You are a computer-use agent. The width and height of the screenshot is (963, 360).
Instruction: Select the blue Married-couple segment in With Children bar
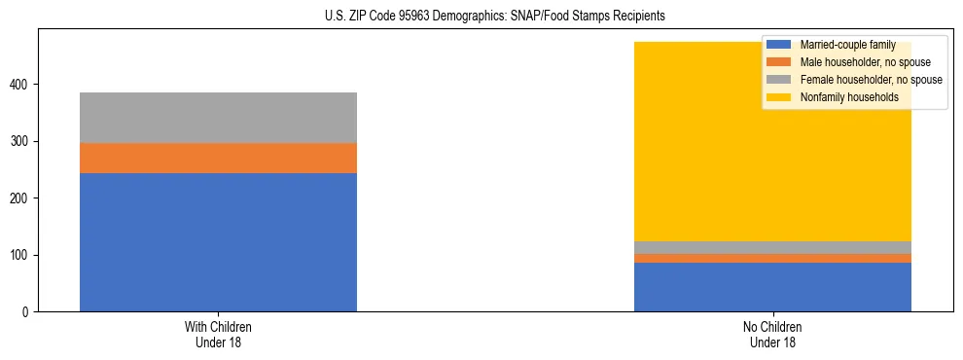pos(218,242)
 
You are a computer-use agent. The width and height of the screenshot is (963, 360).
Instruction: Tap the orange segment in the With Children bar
pos(218,158)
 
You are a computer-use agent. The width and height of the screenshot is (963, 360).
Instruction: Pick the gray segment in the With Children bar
pos(218,118)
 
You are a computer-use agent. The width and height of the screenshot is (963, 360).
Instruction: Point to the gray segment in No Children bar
pos(772,247)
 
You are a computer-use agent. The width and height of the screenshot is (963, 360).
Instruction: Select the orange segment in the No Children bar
pos(772,258)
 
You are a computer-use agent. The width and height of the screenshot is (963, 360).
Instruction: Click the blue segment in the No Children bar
pos(772,287)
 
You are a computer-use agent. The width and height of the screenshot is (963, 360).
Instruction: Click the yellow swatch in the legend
pos(779,97)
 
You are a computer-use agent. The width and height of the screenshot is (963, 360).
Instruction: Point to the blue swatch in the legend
pos(779,45)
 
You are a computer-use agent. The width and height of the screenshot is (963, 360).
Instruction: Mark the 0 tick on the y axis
pos(25,312)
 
